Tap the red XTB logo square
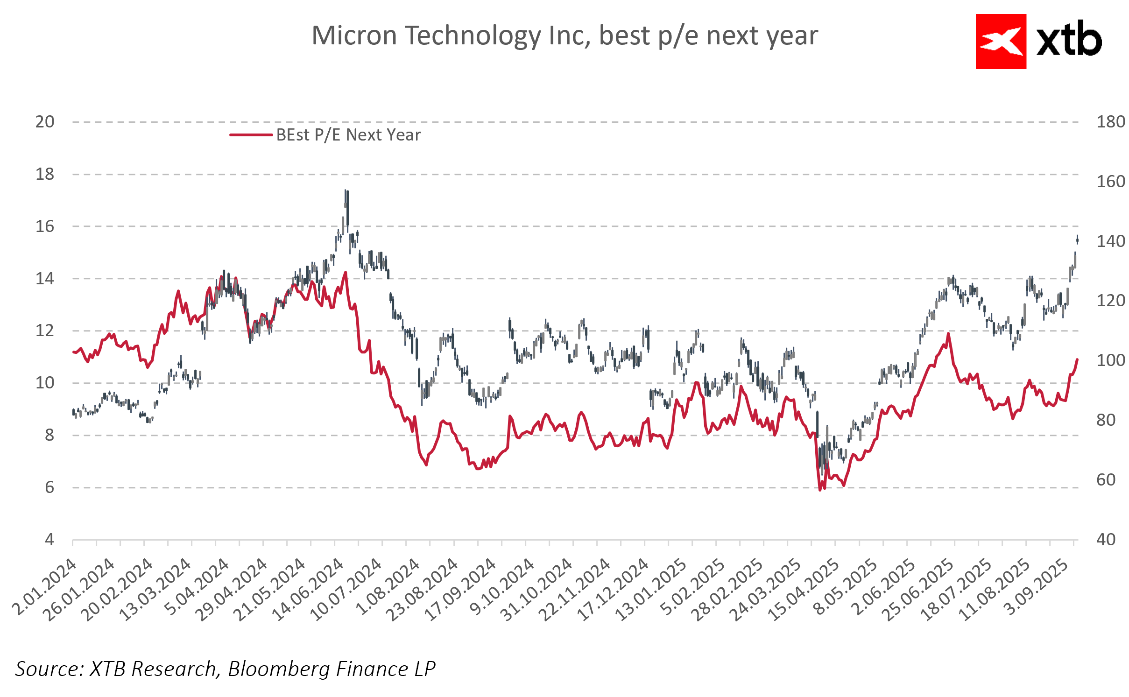click(x=1000, y=42)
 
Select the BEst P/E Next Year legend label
click(x=348, y=135)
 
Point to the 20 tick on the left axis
click(x=45, y=122)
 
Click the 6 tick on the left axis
click(x=49, y=487)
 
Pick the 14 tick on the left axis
click(x=45, y=279)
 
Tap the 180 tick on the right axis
click(x=1110, y=122)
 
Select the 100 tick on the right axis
click(x=1110, y=360)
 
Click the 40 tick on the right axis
click(x=1106, y=540)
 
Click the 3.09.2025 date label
click(x=1036, y=587)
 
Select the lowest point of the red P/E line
click(x=820, y=490)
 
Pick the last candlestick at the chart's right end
click(x=1077, y=240)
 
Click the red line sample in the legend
click(x=251, y=135)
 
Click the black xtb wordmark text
click(x=1069, y=42)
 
